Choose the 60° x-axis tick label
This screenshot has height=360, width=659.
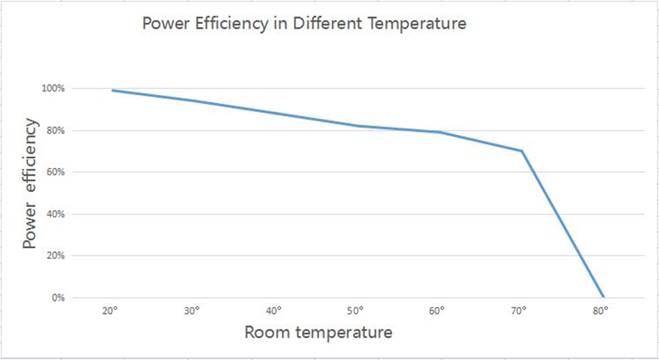click(438, 311)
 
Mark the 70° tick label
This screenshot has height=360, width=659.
click(520, 311)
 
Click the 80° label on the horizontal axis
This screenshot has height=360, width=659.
click(601, 311)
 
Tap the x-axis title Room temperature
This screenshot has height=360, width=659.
click(317, 333)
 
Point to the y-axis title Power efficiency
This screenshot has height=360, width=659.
click(30, 185)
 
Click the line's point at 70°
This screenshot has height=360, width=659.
click(521, 151)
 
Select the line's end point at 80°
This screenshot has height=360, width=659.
click(603, 297)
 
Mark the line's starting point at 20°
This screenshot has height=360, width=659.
click(112, 90)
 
